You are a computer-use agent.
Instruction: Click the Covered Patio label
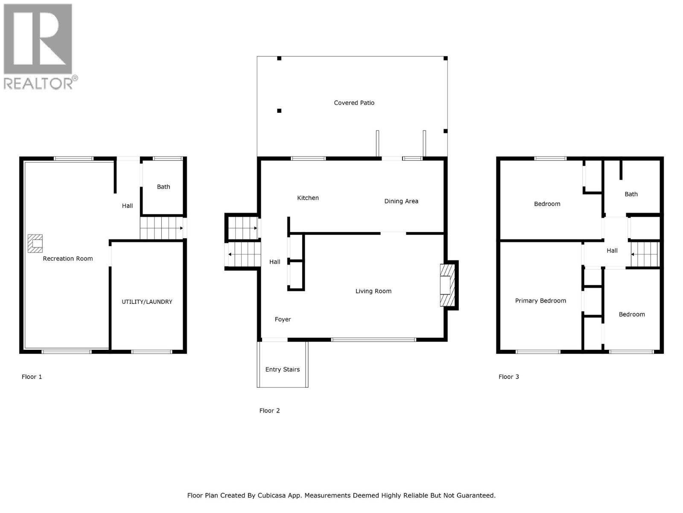point(354,103)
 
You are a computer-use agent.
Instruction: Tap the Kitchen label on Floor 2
point(308,198)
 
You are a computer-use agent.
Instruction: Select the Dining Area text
point(401,201)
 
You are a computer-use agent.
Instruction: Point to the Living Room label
point(373,291)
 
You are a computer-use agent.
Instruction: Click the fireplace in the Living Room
point(447,285)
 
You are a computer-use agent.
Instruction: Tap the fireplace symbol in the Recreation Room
point(35,243)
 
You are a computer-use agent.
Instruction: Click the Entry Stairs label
point(282,369)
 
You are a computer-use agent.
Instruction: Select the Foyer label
point(283,319)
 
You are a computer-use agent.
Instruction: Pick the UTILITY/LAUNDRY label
point(147,302)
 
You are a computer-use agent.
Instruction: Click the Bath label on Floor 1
point(163,187)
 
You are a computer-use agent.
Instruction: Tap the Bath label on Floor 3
point(631,194)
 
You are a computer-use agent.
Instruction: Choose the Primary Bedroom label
point(540,301)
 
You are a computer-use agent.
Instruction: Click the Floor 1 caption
point(32,377)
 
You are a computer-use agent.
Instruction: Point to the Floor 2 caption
point(269,410)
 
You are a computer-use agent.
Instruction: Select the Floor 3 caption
point(508,377)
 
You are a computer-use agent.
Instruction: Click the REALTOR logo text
point(38,83)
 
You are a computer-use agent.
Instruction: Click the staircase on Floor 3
point(645,254)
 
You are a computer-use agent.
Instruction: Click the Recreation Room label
point(68,259)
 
